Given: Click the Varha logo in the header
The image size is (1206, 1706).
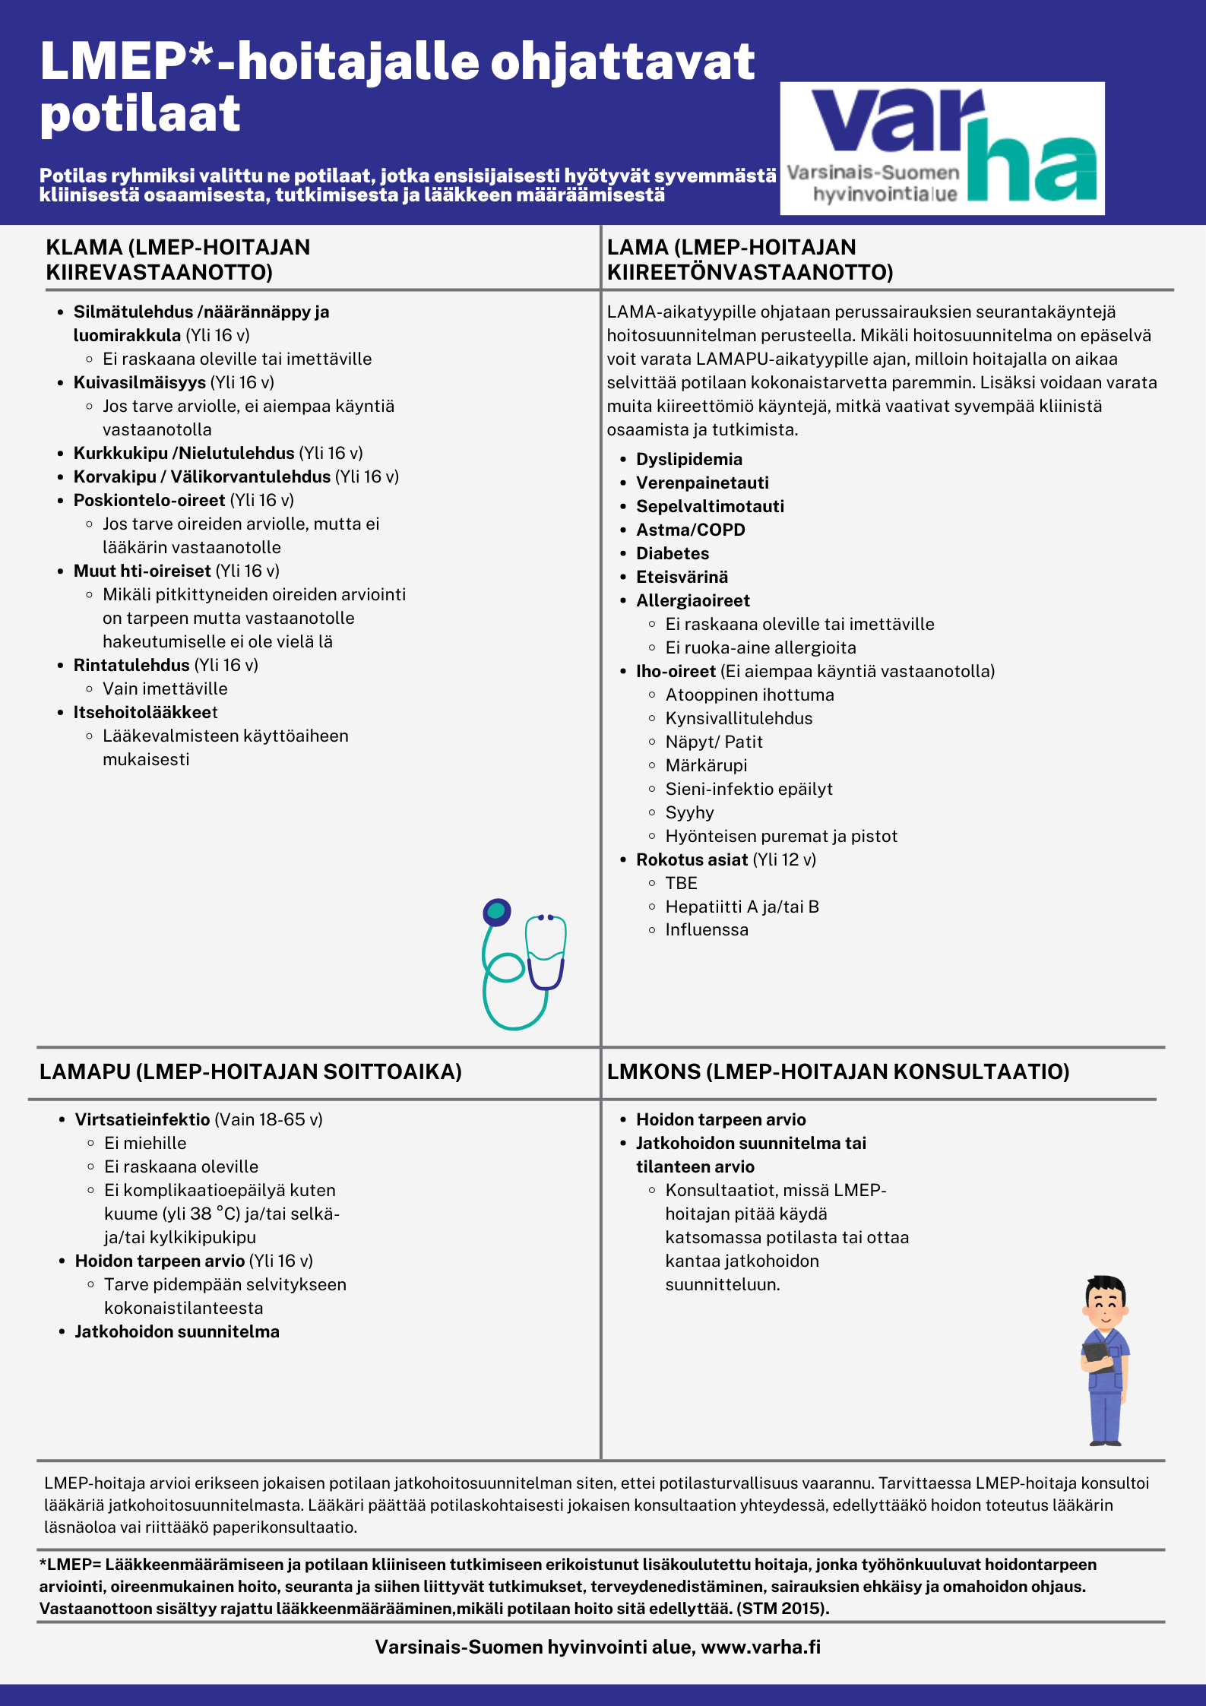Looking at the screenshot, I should [942, 148].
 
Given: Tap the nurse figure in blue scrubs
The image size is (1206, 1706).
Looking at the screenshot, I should [1105, 1360].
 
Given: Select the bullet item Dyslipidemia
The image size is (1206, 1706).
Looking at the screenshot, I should [688, 459].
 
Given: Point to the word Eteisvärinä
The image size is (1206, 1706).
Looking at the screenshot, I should [682, 577].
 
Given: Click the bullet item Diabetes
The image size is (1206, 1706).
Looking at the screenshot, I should [672, 553].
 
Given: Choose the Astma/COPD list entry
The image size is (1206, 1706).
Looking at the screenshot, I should [690, 530].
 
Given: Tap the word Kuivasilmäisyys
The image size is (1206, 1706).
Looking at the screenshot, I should [140, 382].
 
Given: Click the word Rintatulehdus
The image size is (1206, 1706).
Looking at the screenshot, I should [131, 665].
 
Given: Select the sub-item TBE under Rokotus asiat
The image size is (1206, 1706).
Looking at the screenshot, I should [681, 883].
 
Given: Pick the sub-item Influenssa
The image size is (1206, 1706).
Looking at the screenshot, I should [706, 929].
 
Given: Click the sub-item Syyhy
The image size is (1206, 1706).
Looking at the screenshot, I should [689, 812].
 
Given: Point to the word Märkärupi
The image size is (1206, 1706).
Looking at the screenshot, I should [706, 765].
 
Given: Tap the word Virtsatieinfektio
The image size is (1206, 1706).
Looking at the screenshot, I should [142, 1119].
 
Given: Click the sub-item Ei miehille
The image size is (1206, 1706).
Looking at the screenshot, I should [145, 1143].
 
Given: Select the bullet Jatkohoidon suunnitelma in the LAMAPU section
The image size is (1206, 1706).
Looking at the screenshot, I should [177, 1331].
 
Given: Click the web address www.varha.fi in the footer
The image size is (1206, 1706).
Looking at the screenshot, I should [761, 1647].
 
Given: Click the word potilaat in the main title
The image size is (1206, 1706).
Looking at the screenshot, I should [141, 114].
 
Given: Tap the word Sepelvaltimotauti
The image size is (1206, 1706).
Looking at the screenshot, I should [710, 506].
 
